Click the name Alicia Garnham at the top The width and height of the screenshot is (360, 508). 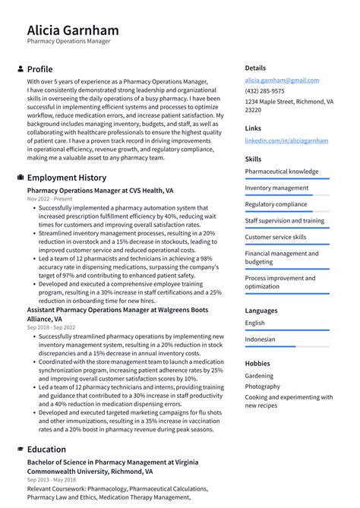(73, 30)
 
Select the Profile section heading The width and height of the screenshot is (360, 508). (39, 69)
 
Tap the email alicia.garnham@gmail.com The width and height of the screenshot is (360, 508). (282, 80)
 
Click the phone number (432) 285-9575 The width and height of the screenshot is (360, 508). (266, 91)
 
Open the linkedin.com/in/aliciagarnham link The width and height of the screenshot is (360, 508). (286, 140)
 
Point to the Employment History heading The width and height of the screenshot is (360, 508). (67, 178)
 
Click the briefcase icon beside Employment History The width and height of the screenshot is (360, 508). (20, 178)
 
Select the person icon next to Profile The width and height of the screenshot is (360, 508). (20, 69)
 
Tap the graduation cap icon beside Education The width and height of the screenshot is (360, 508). (20, 449)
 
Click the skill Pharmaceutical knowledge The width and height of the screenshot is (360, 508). (281, 172)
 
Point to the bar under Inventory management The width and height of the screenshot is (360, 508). (287, 195)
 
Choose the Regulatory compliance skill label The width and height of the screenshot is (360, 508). (276, 204)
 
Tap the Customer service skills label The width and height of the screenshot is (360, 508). (276, 237)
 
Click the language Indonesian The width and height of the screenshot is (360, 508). (260, 339)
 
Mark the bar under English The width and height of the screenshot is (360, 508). (287, 330)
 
